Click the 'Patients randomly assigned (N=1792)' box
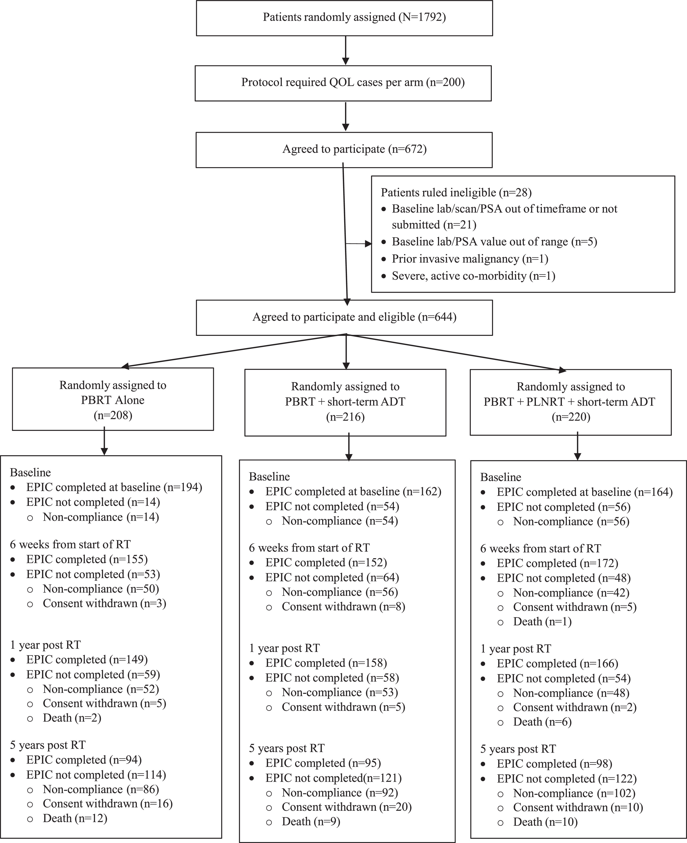[344, 18]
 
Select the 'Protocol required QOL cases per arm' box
[343, 83]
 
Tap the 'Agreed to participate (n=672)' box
[344, 150]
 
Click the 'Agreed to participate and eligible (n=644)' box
[344, 318]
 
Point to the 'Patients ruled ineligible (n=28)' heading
[456, 193]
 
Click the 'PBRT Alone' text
[113, 400]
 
